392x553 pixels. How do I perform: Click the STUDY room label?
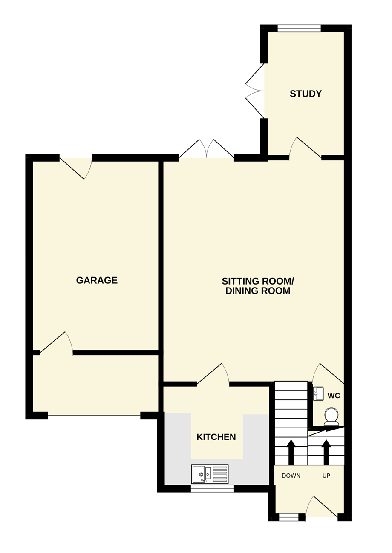(306, 94)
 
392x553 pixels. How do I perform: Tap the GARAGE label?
(97, 280)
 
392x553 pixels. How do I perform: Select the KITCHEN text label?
(216, 437)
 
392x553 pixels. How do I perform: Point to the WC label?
(334, 396)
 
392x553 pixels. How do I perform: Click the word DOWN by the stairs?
(291, 476)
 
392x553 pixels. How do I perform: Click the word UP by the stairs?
(326, 476)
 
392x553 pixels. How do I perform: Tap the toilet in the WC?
(331, 417)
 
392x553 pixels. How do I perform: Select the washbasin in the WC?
(318, 394)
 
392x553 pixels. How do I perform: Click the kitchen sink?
(210, 474)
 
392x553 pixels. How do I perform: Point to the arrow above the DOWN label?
(291, 452)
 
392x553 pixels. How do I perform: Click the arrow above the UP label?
(326, 452)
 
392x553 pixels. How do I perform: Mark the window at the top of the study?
(299, 29)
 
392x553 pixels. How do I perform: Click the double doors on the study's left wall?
(255, 91)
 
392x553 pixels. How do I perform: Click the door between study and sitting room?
(305, 147)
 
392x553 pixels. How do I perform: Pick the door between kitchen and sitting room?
(213, 373)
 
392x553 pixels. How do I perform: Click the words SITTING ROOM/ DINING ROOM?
(258, 286)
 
